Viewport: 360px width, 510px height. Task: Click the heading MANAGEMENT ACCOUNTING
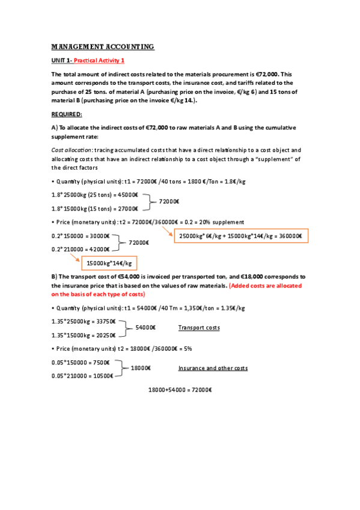103,46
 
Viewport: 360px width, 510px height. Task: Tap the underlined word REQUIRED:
67,114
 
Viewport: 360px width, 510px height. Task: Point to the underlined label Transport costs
199,328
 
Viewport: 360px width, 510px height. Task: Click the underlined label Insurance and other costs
213,367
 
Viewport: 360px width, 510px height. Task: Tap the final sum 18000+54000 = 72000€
180,390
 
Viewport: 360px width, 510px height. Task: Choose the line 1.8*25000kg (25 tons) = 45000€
95,194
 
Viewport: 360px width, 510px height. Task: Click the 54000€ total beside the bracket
145,328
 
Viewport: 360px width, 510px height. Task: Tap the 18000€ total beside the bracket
140,367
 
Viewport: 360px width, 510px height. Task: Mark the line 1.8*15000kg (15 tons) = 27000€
95,208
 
